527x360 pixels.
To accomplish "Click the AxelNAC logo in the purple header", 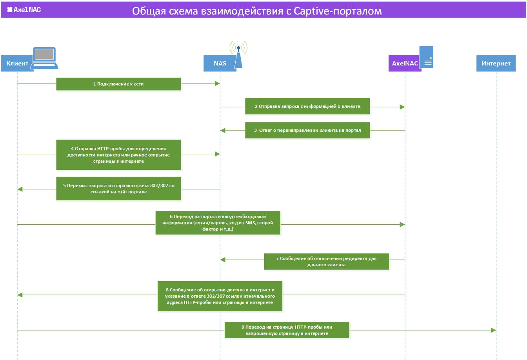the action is pos(24,10).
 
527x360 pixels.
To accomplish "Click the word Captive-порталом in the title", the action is pos(338,11).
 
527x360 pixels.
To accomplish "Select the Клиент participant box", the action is pos(17,63).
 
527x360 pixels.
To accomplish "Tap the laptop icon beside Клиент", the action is pos(44,58).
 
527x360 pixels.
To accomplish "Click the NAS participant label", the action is pos(220,63).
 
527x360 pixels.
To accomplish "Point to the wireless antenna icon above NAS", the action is pos(238,55).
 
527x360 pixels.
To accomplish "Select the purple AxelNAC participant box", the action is pos(405,63).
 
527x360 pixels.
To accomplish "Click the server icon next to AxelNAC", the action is pos(426,57).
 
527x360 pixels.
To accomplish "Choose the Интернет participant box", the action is pos(496,63).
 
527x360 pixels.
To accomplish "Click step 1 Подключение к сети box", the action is pos(118,84).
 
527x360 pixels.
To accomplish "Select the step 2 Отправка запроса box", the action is pos(307,106).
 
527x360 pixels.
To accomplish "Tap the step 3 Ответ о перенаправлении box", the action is pos(307,130).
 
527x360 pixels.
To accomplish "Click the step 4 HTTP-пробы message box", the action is pos(118,155).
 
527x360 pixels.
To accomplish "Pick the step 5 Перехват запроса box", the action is pos(118,189).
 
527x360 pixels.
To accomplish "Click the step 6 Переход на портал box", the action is pos(218,223).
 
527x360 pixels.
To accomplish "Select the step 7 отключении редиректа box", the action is pos(327,262).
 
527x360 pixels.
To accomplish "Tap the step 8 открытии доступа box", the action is pos(220,296).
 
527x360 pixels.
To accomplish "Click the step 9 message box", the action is pos(287,330).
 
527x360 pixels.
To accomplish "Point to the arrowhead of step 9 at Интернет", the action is pos(494,330).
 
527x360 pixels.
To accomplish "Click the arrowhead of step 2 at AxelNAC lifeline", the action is pos(402,107).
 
